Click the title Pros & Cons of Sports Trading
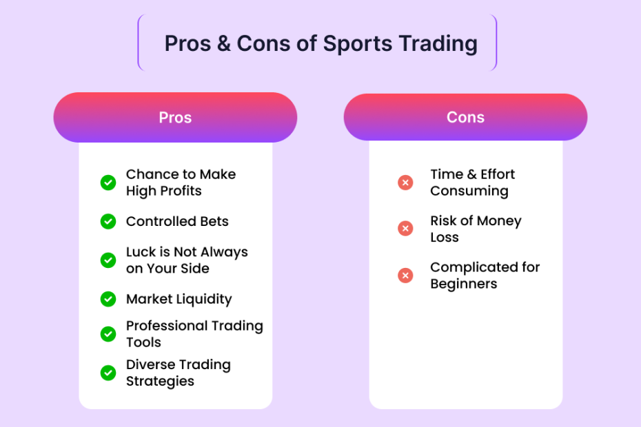(321, 43)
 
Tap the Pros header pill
(175, 117)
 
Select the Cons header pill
(466, 117)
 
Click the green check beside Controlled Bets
(108, 222)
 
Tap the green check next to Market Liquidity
(108, 299)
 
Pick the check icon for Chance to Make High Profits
(108, 183)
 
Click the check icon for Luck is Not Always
(108, 260)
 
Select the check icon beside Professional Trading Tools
(108, 334)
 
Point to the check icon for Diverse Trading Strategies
(108, 373)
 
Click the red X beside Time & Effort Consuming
(405, 183)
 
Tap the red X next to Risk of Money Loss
(405, 229)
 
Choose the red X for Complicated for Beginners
(405, 275)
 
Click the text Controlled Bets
(177, 222)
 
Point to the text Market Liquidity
(179, 300)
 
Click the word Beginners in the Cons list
(464, 284)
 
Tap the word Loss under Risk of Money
(445, 237)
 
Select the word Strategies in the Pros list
(160, 382)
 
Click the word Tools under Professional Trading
(143, 342)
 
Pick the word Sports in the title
(358, 44)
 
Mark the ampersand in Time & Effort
(471, 174)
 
